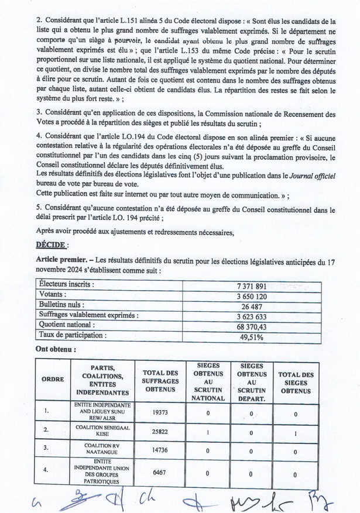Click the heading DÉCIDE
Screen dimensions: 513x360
pos(52,245)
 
